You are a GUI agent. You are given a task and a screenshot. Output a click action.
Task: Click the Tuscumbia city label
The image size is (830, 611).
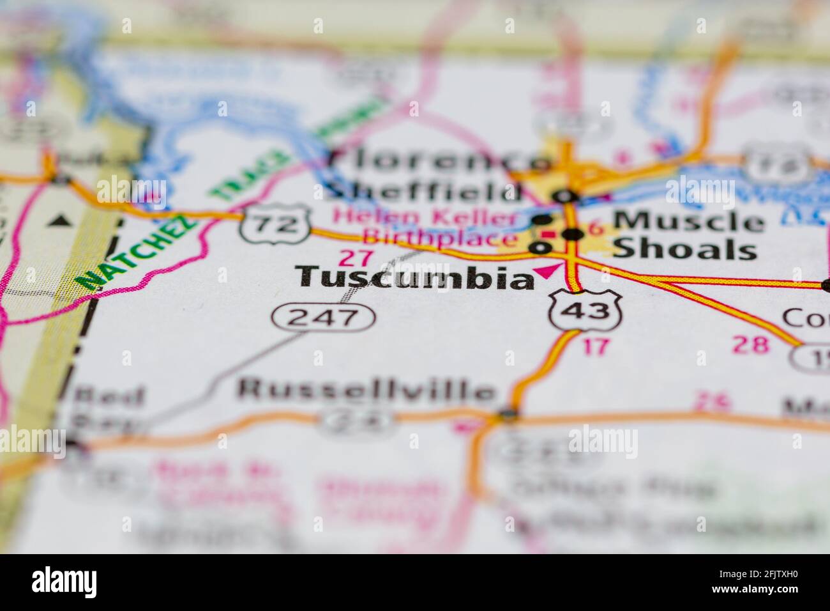click(x=416, y=277)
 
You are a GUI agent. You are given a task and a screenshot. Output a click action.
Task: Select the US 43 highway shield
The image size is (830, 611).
click(x=585, y=311)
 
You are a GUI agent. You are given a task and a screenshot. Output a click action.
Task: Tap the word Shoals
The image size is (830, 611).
click(x=684, y=250)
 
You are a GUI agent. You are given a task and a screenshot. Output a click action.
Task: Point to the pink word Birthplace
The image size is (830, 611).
click(x=441, y=239)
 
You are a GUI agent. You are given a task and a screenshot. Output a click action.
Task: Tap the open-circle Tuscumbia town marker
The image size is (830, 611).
click(x=542, y=247)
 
